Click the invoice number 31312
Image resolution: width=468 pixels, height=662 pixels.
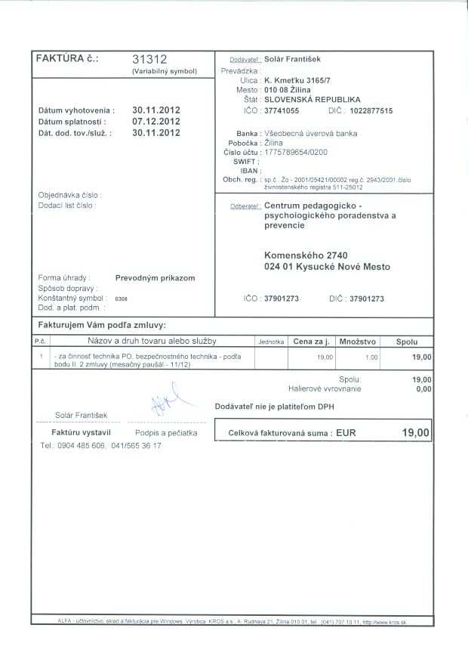[x=149, y=59]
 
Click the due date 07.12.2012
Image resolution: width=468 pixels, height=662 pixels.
[x=155, y=121]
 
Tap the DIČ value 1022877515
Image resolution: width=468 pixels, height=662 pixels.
[x=371, y=111]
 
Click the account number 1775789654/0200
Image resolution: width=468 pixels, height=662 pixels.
[x=296, y=152]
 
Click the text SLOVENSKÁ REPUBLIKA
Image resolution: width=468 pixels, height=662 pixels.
[x=311, y=99]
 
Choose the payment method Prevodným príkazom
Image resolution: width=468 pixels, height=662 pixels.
[x=155, y=278]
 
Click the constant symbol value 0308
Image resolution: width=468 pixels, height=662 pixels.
[x=122, y=299]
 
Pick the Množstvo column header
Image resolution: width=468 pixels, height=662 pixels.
[x=358, y=342]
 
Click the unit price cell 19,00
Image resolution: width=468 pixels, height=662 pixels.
[x=325, y=356]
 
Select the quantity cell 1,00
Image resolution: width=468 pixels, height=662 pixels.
[x=371, y=356]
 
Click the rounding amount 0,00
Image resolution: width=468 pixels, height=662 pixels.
[x=423, y=389]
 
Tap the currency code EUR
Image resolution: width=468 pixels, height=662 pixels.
[x=346, y=434]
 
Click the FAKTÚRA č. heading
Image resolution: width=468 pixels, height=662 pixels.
[x=67, y=58]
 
